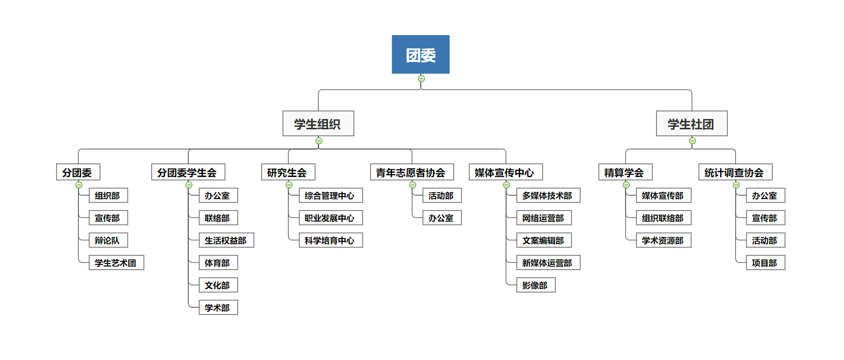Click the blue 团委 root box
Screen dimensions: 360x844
tap(420, 55)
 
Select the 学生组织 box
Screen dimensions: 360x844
tap(318, 124)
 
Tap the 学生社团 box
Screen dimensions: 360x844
tap(691, 124)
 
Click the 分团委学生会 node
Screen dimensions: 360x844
tap(188, 172)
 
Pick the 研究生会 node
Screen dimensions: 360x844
tap(288, 172)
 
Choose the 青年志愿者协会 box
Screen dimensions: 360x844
tap(412, 172)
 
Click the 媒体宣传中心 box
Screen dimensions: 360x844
tap(505, 172)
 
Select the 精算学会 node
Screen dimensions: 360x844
tap(625, 172)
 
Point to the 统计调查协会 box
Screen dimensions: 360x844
tap(735, 172)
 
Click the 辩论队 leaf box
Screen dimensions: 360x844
tap(108, 240)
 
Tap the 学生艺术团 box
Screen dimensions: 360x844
tap(116, 263)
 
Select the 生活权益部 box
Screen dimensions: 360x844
tap(226, 240)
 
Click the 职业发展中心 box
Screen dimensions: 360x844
tap(330, 218)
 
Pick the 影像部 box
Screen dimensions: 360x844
tap(535, 285)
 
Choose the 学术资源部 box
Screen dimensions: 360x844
tap(663, 240)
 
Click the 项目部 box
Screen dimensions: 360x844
tap(765, 263)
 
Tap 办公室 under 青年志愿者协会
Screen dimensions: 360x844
tap(442, 218)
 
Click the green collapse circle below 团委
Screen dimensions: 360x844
tap(421, 79)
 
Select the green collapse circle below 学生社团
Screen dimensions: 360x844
tap(692, 141)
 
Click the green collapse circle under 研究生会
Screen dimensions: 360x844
tap(289, 185)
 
